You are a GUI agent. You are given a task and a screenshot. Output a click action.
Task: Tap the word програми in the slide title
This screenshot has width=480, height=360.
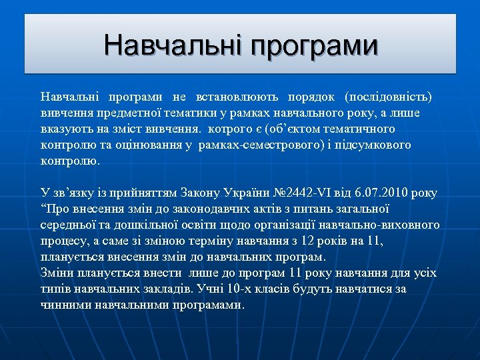[315, 47]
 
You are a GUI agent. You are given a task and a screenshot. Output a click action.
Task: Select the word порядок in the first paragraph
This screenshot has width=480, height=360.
[313, 97]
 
